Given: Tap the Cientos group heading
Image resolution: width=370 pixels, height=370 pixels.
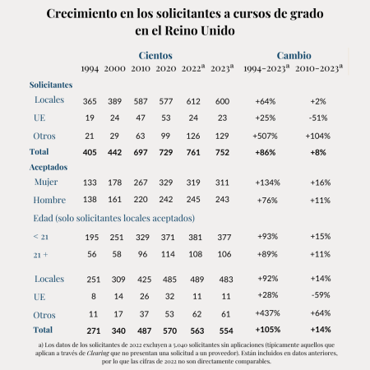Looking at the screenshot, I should [156, 53].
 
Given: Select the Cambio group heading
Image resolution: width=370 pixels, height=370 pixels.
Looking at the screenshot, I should [294, 53].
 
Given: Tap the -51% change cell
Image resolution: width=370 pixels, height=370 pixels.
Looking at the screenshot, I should [321, 118].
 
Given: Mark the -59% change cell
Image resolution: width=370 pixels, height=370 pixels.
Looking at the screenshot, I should [321, 298].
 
